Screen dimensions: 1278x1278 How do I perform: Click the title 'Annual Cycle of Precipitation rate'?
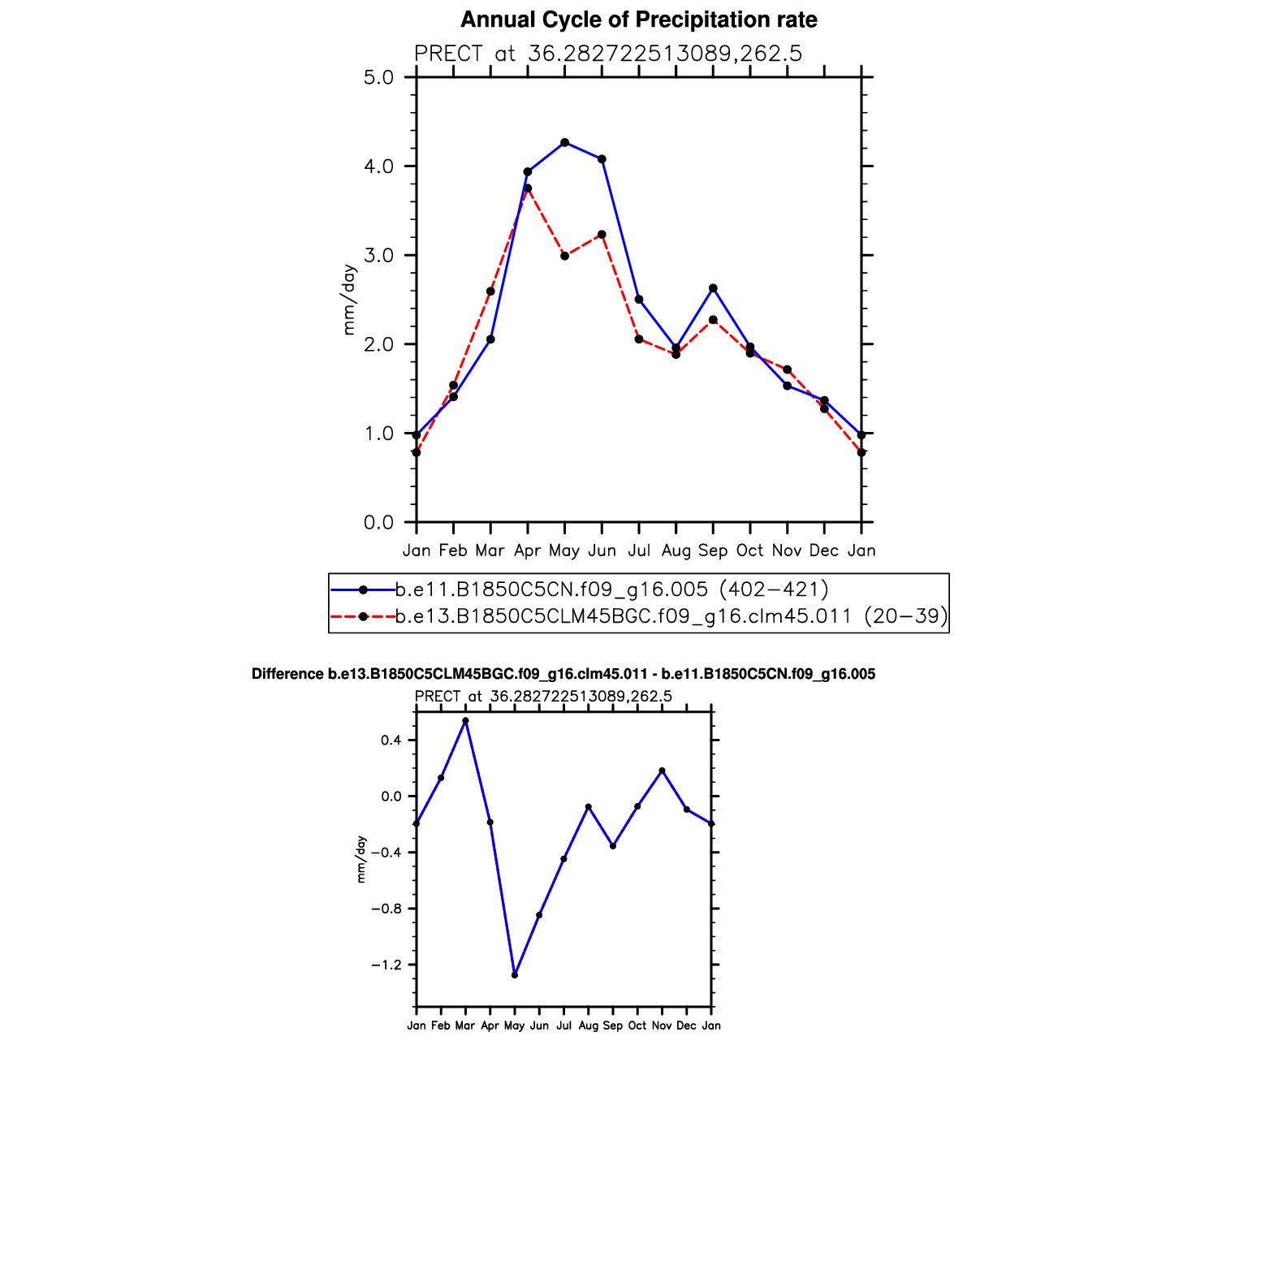click(638, 19)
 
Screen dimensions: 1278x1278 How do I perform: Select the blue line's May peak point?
click(564, 142)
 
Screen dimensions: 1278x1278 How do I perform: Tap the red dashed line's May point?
click(564, 256)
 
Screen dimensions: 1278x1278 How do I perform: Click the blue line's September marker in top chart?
click(713, 288)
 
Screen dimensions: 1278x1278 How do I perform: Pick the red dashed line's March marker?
click(490, 291)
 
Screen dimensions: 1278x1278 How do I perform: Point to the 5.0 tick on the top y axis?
click(378, 78)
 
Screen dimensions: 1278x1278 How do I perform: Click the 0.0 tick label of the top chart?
click(378, 522)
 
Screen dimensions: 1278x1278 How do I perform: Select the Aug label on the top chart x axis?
click(676, 550)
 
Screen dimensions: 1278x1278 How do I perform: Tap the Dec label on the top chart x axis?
click(824, 550)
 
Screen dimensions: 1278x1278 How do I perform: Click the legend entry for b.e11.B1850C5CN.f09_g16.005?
click(611, 589)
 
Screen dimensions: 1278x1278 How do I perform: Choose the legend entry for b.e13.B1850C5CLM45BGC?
click(671, 616)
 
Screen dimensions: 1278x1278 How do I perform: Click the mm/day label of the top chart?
click(349, 300)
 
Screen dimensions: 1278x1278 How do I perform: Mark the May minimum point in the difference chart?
click(515, 974)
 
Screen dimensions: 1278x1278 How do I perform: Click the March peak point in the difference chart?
click(465, 721)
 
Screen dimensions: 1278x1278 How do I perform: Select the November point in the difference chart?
click(662, 771)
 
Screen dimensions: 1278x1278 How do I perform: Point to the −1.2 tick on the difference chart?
click(386, 965)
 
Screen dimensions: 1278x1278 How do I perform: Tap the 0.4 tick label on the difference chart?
click(391, 740)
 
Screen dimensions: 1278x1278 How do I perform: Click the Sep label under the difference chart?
click(613, 1025)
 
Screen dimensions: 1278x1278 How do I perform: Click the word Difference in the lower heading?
click(287, 674)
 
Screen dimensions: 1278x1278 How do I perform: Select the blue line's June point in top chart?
click(602, 159)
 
